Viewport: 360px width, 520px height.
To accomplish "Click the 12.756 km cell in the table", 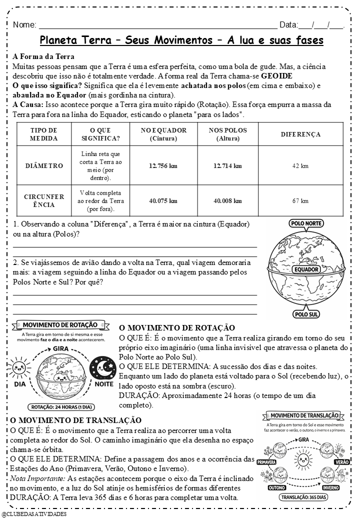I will (x=163, y=165).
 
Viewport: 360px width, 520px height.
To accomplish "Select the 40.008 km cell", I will (x=227, y=200).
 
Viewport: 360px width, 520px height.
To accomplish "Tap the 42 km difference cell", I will (x=300, y=165).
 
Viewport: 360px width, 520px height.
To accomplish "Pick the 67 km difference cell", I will (x=300, y=200).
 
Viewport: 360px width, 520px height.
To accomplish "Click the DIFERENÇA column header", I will (x=300, y=134).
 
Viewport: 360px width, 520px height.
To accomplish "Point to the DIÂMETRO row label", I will (x=44, y=165).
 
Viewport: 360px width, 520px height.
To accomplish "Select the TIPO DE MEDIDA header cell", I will (x=44, y=134).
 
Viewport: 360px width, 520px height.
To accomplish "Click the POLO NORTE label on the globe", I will (x=306, y=223).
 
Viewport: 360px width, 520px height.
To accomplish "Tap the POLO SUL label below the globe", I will (x=306, y=314).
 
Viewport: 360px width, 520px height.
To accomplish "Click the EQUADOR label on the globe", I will (x=306, y=269).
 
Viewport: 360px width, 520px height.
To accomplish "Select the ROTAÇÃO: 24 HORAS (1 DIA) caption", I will (x=62, y=406).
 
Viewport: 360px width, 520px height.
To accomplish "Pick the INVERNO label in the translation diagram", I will (x=330, y=487).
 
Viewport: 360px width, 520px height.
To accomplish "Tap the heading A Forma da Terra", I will (x=43, y=56).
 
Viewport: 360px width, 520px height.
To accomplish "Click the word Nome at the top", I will (x=24, y=25).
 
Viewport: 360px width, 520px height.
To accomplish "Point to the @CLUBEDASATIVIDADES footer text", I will (x=34, y=513).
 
